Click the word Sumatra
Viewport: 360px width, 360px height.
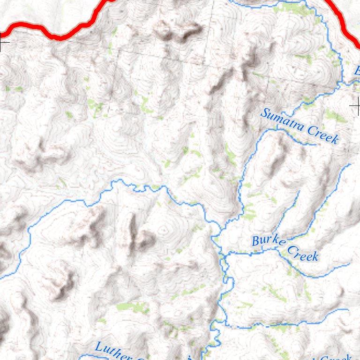[x=280, y=120]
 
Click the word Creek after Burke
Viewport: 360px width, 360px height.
[x=303, y=253]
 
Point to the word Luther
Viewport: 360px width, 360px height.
[x=113, y=351]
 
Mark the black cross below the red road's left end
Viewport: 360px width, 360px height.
[x=3, y=45]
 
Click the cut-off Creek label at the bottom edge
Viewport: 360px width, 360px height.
[x=335, y=357]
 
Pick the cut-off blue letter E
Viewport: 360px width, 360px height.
[x=357, y=72]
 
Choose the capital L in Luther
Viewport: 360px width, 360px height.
[x=99, y=347]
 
